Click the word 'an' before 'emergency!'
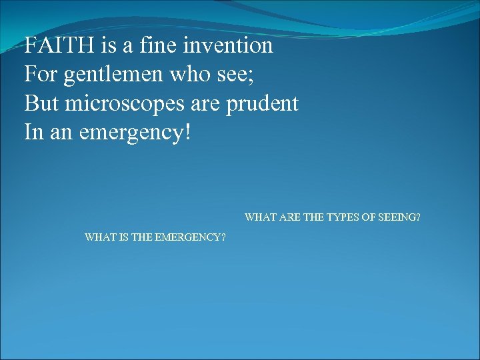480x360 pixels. [x=61, y=132]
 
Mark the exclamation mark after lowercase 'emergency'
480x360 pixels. [x=188, y=131]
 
